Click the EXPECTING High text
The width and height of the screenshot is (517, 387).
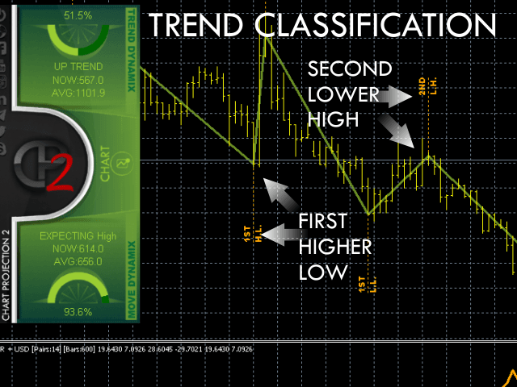[78, 236]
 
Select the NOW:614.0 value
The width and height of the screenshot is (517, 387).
[78, 248]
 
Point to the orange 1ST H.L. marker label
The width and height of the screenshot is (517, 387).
[251, 235]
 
